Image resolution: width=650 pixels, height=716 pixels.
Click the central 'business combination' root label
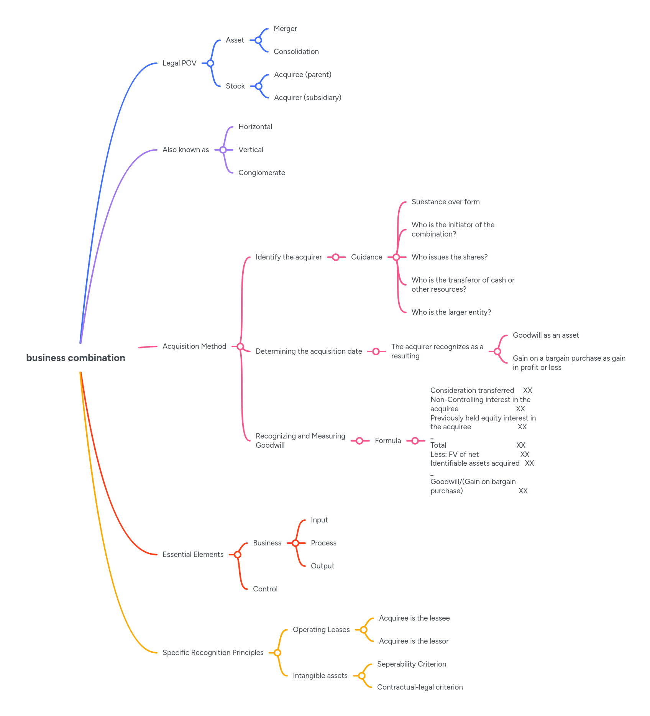click(76, 358)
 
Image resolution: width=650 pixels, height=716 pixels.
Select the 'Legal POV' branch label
click(179, 63)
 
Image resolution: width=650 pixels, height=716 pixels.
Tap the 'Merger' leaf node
click(285, 29)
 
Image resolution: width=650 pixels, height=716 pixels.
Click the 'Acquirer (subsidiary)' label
click(307, 98)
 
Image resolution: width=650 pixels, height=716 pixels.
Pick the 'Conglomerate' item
click(261, 173)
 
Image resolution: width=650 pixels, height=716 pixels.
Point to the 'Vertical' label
click(251, 150)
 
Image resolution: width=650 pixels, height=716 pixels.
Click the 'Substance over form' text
click(445, 202)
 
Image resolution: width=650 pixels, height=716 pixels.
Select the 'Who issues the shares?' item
click(449, 257)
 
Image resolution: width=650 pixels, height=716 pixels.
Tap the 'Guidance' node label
click(366, 257)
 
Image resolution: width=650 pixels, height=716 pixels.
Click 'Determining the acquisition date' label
click(309, 351)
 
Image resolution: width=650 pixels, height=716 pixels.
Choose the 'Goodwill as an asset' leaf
click(546, 335)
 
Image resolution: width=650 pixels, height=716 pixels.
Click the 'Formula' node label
click(387, 441)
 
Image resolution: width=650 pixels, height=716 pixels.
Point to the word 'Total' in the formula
click(438, 445)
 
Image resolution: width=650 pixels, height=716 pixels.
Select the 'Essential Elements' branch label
click(193, 555)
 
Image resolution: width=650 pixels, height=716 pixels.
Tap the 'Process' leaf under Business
click(323, 543)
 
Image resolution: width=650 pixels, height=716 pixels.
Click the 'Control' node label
click(265, 589)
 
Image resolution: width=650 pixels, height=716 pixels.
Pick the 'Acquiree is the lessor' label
click(414, 641)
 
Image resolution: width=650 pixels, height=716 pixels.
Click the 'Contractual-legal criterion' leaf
click(420, 687)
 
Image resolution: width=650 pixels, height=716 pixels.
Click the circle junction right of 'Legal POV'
click(210, 63)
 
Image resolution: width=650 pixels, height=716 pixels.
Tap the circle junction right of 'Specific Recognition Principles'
click(277, 653)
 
